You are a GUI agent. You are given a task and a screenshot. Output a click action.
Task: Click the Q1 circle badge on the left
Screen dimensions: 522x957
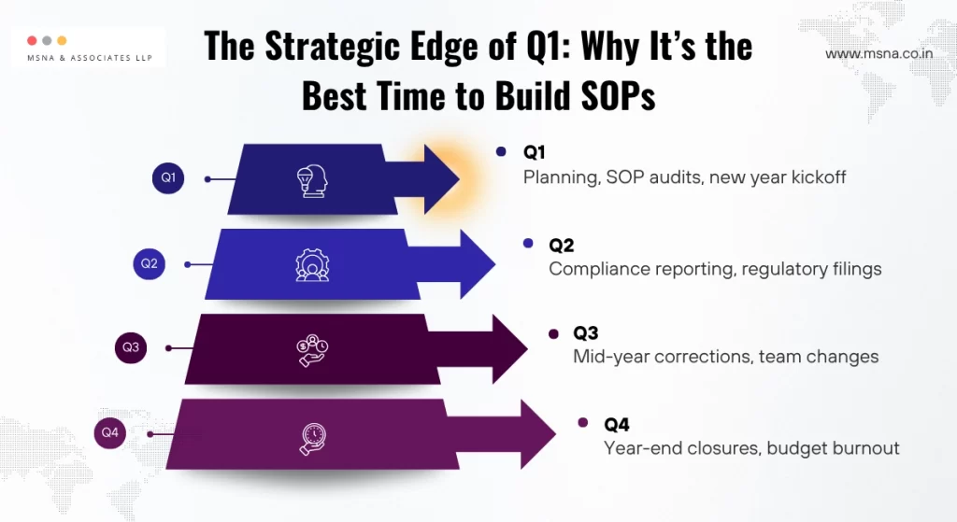point(168,177)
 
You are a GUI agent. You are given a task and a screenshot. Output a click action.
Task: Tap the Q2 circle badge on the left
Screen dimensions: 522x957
point(150,263)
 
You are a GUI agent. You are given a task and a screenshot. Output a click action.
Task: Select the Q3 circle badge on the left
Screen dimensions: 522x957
point(131,347)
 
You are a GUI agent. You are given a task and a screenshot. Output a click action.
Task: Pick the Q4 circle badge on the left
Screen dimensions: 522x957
point(111,432)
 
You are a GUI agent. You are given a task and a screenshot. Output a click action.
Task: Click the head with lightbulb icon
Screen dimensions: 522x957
point(311,179)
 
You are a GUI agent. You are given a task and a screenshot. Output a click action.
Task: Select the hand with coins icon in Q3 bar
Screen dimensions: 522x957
point(312,349)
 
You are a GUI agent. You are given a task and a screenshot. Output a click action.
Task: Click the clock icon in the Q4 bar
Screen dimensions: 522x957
point(313,435)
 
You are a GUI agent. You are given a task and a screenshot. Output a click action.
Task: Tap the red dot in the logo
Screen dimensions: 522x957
point(33,40)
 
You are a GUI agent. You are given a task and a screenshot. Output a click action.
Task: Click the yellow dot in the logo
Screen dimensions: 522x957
point(62,40)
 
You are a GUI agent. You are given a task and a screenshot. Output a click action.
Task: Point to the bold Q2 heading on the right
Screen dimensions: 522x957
point(562,246)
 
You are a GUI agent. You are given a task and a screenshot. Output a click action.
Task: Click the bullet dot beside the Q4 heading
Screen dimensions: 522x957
point(583,423)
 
